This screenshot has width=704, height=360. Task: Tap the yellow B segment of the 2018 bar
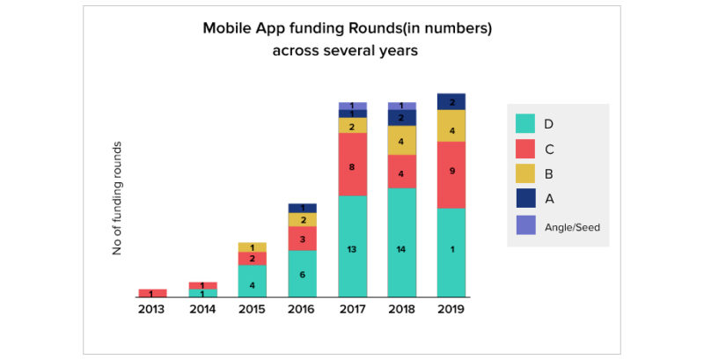click(x=402, y=140)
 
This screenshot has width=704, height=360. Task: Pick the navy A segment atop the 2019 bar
click(x=451, y=101)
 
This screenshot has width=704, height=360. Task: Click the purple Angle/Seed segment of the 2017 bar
click(x=352, y=106)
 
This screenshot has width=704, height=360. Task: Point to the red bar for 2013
click(x=151, y=293)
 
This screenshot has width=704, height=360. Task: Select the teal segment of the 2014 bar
click(x=202, y=293)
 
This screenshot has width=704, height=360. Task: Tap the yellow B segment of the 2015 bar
click(x=252, y=247)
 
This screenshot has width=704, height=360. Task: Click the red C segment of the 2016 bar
click(x=302, y=239)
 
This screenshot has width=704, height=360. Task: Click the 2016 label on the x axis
click(x=302, y=310)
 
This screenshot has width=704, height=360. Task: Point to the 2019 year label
click(x=451, y=310)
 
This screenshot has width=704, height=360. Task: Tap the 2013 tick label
click(x=151, y=310)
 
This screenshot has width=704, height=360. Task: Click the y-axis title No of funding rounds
click(x=116, y=198)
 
